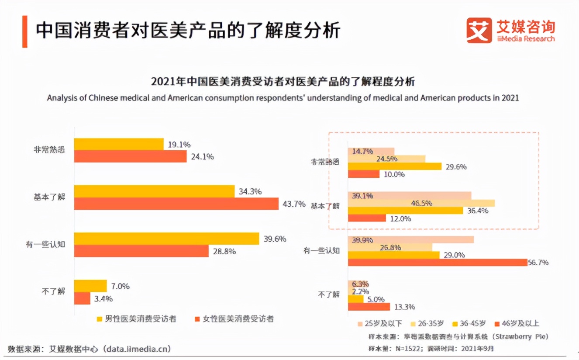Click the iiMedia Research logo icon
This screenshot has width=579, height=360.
tap(479, 30)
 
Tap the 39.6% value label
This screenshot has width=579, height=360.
tap(275, 239)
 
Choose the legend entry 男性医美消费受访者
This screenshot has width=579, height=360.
tap(140, 319)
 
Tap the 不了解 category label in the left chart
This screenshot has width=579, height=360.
tap(55, 291)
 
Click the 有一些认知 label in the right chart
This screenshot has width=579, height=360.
tap(321, 250)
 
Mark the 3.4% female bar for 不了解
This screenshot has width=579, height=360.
tap(82, 298)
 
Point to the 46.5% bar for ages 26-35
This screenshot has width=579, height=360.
tap(421, 203)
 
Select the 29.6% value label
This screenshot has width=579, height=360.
tap(456, 166)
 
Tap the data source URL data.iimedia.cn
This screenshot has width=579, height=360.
tap(136, 349)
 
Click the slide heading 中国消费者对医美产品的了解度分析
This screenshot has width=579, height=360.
tap(188, 31)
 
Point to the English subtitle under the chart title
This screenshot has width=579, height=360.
tap(283, 98)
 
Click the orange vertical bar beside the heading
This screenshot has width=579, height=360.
tap(25, 31)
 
